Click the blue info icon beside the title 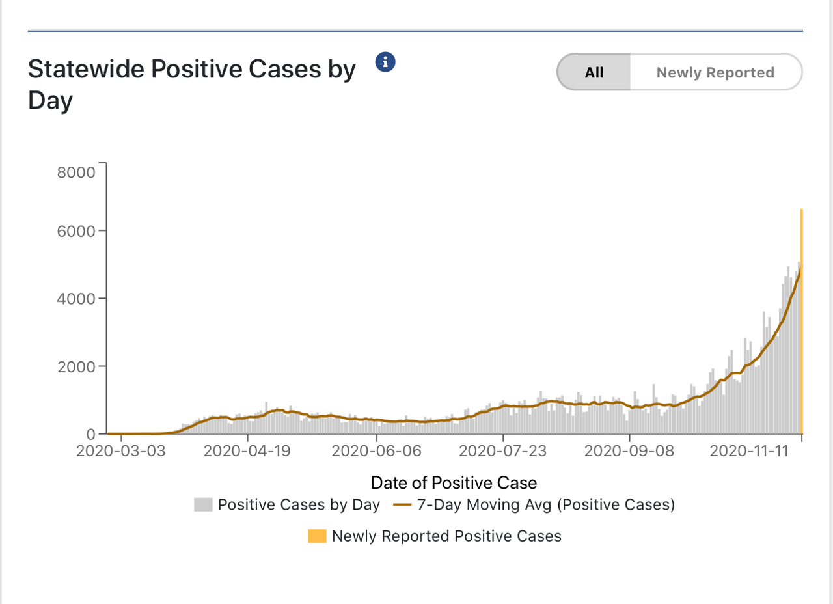pos(386,62)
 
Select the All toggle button pos(594,72)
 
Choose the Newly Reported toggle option pos(715,72)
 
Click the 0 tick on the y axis pos(91,434)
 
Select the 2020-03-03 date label pos(121,452)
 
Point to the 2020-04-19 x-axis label pos(249,452)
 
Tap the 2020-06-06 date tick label pos(377,452)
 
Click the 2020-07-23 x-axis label pos(503,452)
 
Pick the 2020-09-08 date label pos(629,452)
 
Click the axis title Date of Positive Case pos(454,483)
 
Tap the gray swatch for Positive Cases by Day pos(203,505)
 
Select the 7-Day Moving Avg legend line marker pos(402,505)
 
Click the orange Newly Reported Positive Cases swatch pos(317,536)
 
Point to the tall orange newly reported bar pos(801,325)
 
